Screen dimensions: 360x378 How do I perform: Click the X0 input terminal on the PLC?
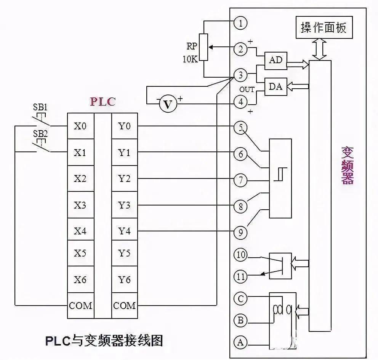tap(80, 126)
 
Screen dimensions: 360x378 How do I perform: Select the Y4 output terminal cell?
tap(124, 231)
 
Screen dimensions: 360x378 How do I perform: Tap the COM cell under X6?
tap(80, 306)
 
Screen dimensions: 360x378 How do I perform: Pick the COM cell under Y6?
tap(124, 306)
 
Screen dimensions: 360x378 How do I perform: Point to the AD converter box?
tap(275, 60)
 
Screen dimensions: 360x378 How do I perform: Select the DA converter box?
tap(275, 87)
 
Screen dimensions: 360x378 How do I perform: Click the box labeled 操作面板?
tap(324, 28)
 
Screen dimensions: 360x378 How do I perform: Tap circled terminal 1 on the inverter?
tap(240, 23)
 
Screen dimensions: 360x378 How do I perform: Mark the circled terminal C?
tap(240, 298)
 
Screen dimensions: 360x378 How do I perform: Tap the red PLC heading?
tap(102, 102)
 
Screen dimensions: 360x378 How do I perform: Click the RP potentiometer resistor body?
tap(204, 47)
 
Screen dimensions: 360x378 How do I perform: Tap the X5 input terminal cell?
tap(80, 254)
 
